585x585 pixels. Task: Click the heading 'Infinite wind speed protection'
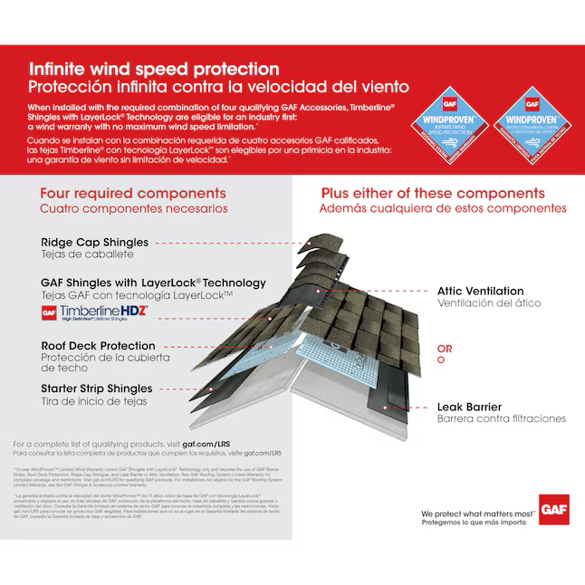(154, 69)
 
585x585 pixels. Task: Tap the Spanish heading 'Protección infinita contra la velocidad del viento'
(218, 87)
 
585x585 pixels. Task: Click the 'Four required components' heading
(133, 194)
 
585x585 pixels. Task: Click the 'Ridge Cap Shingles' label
(95, 243)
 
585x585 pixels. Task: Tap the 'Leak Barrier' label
(469, 407)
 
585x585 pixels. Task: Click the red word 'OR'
(445, 349)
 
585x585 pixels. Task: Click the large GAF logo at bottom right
(551, 508)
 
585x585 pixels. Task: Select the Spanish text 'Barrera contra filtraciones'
(501, 418)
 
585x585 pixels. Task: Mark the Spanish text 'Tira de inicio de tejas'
(93, 401)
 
